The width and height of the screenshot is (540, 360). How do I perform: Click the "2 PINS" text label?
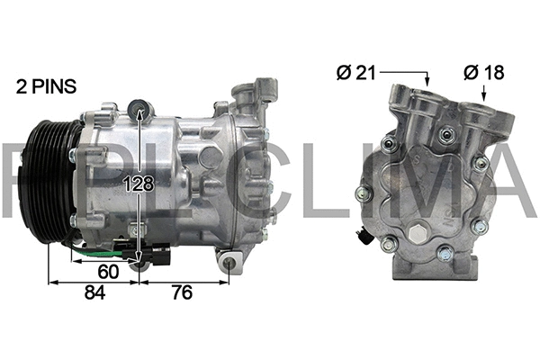click(45, 86)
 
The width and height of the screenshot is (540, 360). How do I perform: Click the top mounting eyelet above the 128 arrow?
click(139, 111)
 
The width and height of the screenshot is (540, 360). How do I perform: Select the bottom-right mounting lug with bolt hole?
click(231, 262)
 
